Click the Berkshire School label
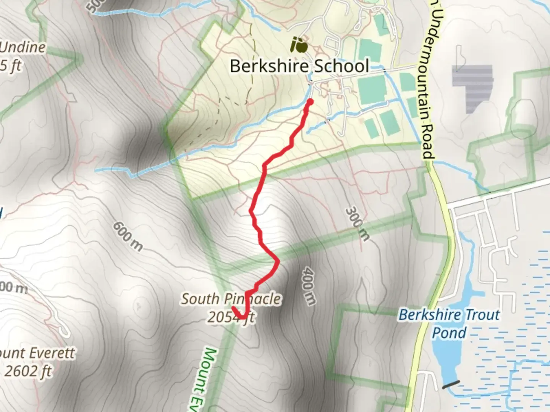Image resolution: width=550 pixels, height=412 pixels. [x=299, y=66]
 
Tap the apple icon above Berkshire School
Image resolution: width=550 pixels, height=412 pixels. [x=299, y=45]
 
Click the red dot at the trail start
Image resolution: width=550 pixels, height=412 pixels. [x=310, y=101]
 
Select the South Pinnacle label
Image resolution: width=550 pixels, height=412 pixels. [x=231, y=299]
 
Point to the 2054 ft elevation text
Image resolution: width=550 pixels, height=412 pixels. [x=231, y=317]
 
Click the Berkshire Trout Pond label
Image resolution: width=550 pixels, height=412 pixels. [x=449, y=323]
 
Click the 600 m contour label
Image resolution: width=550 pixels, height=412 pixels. [x=128, y=237]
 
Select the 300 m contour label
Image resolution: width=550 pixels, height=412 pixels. [x=357, y=224]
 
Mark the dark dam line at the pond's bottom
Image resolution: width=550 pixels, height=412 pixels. [x=451, y=385]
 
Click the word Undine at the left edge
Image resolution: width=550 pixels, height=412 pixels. [x=23, y=48]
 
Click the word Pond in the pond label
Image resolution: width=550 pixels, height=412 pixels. [x=449, y=333]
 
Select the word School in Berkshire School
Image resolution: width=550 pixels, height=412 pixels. [x=341, y=66]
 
